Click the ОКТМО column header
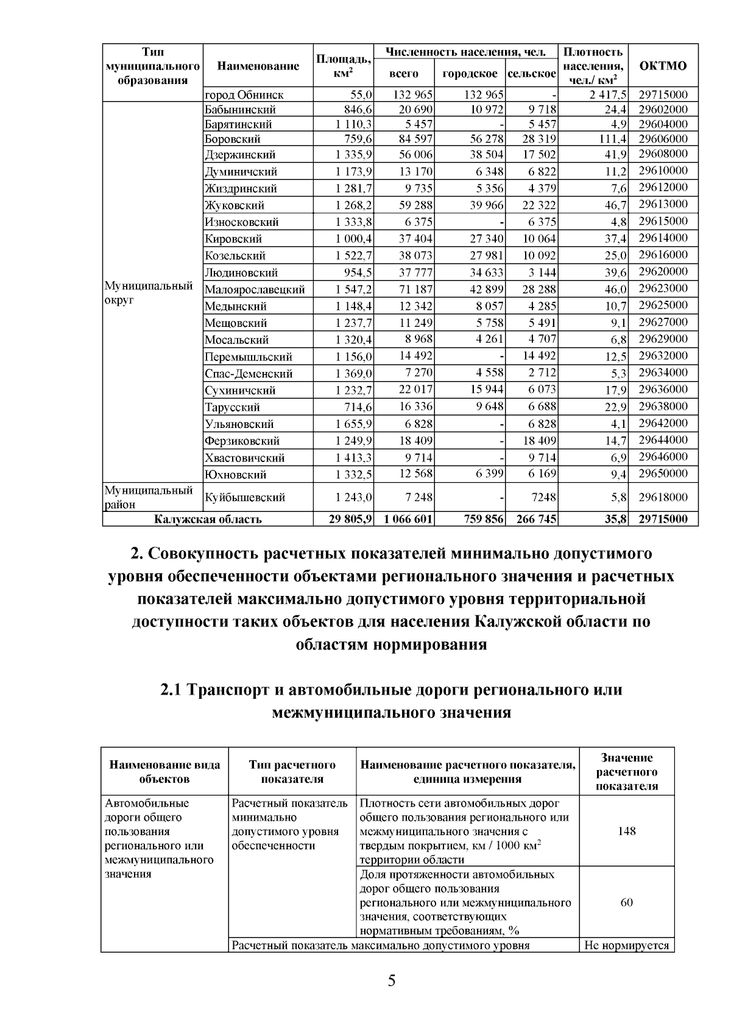663,66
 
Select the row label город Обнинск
244,94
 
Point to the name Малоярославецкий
255,290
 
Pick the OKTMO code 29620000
663,271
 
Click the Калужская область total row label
208,519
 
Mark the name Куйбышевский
245,497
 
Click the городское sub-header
470,74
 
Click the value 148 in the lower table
626,831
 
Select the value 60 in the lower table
626,902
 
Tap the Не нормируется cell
626,945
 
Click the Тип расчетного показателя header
292,771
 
